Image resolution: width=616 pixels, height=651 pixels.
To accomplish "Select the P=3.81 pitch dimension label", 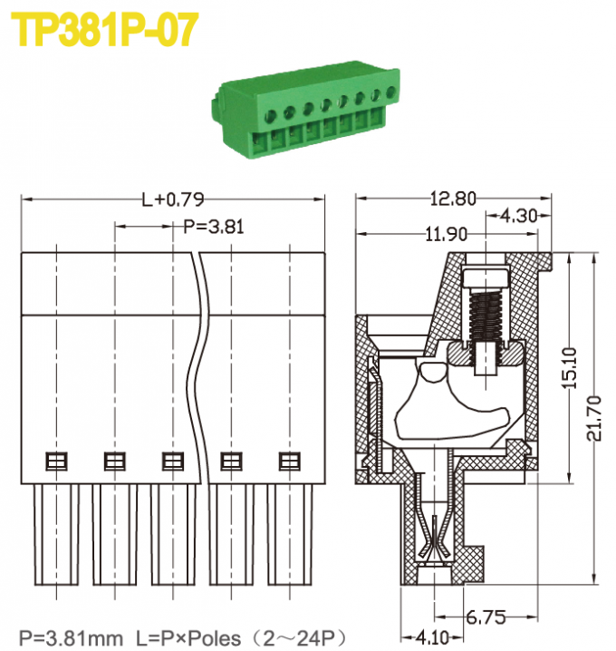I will (214, 227).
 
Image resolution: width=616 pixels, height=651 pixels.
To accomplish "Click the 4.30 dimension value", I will (518, 217).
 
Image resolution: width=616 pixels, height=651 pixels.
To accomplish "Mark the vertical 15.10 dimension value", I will (569, 369).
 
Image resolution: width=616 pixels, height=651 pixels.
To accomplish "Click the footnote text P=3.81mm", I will (71, 637).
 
